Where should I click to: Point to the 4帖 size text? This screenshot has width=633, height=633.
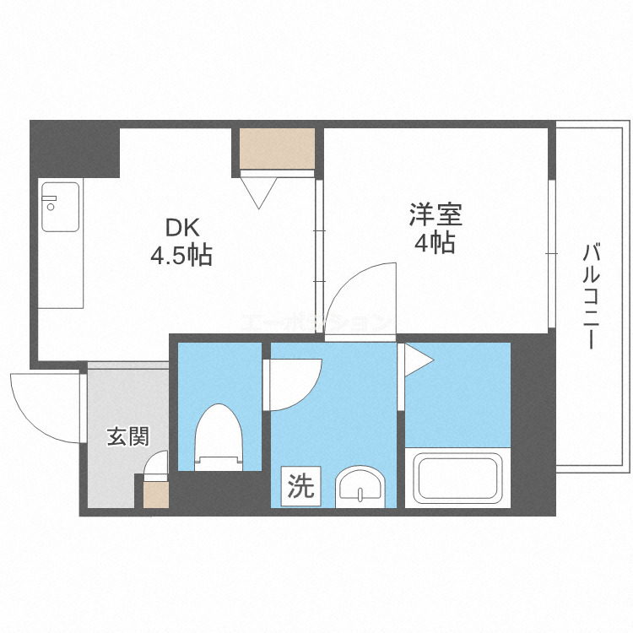[435, 243]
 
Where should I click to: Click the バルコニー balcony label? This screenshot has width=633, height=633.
[591, 295]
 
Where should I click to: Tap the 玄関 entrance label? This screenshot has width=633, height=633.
[127, 436]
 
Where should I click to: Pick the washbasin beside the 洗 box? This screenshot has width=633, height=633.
[360, 487]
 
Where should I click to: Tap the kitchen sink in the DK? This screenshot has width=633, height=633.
[61, 207]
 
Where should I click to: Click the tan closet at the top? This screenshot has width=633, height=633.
[277, 149]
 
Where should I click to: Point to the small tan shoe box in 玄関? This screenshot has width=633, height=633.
[156, 493]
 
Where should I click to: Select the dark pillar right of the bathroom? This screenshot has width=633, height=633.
[533, 422]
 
